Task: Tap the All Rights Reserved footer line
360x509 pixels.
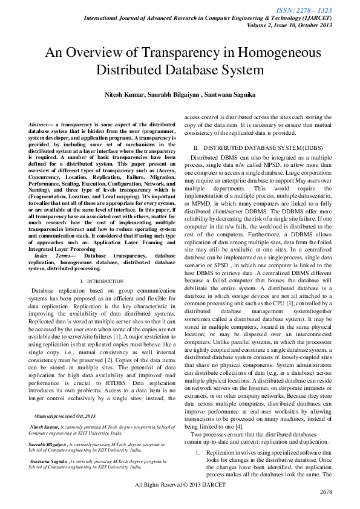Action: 180,484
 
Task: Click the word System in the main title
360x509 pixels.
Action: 238,70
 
